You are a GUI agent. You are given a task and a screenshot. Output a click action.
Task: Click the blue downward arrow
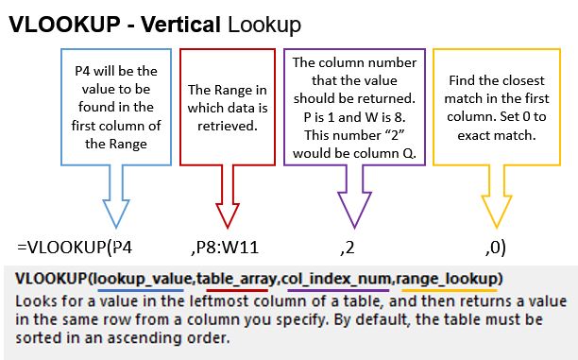click(x=116, y=197)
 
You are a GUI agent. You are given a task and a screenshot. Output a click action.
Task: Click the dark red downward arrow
click(x=228, y=197)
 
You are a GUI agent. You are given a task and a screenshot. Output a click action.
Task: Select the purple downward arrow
click(x=354, y=197)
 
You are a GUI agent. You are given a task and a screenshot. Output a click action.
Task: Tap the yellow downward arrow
click(x=497, y=197)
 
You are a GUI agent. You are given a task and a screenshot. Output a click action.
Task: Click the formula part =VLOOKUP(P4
click(x=75, y=248)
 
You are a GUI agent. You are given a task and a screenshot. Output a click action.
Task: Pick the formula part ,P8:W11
click(x=225, y=248)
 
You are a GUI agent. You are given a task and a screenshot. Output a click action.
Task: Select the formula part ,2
click(x=348, y=248)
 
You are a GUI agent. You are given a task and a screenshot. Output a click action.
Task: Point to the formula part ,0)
click(x=496, y=248)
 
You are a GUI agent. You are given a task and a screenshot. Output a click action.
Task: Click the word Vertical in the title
click(x=181, y=25)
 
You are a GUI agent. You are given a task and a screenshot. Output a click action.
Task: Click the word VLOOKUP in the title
click(x=65, y=25)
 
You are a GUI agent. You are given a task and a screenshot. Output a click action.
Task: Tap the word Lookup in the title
click(x=264, y=26)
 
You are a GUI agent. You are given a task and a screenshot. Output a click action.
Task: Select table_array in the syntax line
click(x=237, y=280)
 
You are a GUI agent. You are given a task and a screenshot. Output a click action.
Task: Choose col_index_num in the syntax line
click(x=336, y=280)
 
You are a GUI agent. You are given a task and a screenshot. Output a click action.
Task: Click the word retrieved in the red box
click(x=227, y=127)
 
